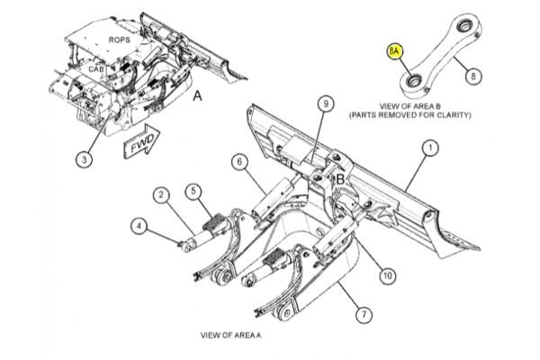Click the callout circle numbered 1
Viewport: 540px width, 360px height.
tap(430, 146)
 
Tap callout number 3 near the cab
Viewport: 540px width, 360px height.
tap(83, 159)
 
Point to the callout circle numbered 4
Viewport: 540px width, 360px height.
tap(139, 226)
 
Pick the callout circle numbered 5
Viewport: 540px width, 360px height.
tap(193, 191)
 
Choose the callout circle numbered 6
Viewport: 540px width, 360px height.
tap(238, 162)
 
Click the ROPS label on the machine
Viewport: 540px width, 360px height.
tap(119, 40)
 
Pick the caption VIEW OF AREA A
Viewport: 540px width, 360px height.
tap(229, 335)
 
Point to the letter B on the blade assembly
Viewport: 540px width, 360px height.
tap(340, 179)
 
